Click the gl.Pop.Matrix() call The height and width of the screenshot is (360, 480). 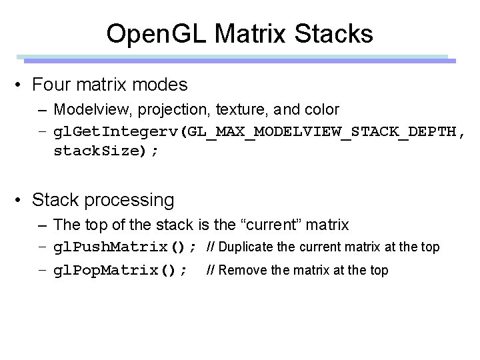point(121,270)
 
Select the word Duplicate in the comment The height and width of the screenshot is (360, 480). point(247,247)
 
